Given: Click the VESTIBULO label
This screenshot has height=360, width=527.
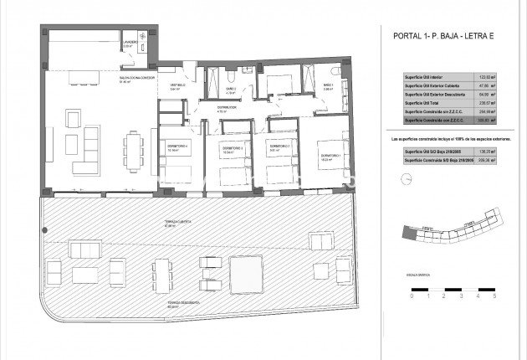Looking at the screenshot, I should (178, 85).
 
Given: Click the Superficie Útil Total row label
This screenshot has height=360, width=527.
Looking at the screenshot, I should (427, 103).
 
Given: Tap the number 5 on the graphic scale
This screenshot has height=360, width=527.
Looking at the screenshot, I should (494, 296).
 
